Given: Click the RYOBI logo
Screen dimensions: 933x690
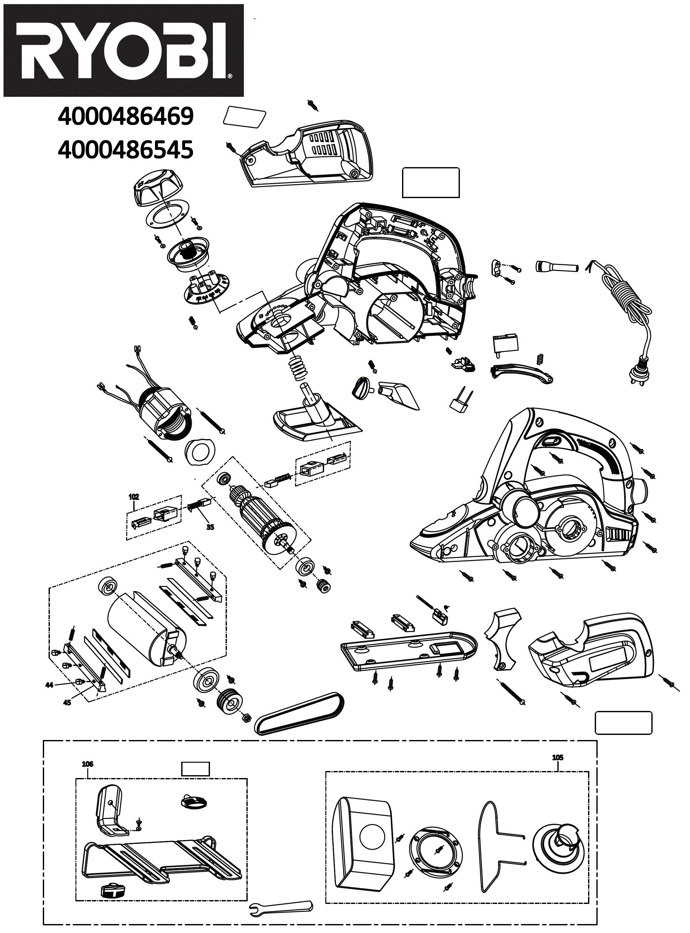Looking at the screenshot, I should coord(123,50).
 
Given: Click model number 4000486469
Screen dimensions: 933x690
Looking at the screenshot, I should coord(126,117).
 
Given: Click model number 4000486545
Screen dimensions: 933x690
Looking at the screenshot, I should coord(126,150).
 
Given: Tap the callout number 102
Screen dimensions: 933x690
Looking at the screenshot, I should coord(134,497).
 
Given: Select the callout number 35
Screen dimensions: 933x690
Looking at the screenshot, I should coord(210,527).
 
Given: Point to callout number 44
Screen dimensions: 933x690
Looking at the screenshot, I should coord(49,685).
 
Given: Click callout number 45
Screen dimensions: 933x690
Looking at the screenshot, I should coord(67,702).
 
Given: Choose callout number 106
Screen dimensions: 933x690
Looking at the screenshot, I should coord(87,764).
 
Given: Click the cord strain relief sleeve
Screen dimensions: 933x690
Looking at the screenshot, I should coord(556,266).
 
